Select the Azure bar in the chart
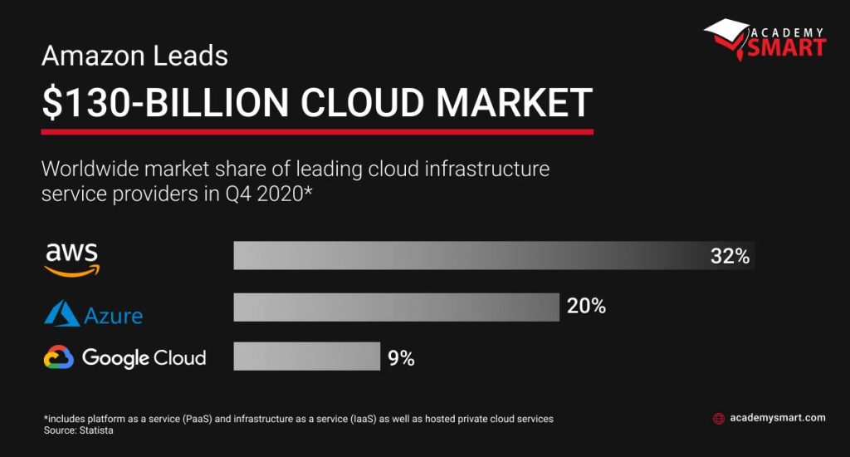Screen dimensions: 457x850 [396, 307]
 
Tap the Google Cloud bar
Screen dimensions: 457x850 [306, 356]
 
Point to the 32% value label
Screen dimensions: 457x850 [730, 257]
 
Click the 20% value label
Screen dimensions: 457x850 [586, 307]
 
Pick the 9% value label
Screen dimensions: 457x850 [401, 359]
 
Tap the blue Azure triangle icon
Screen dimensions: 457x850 [61, 313]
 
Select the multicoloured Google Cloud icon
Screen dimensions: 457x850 [59, 358]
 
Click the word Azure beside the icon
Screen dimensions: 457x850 [113, 316]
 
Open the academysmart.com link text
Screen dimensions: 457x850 [777, 418]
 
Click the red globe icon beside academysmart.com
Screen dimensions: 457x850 [719, 419]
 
